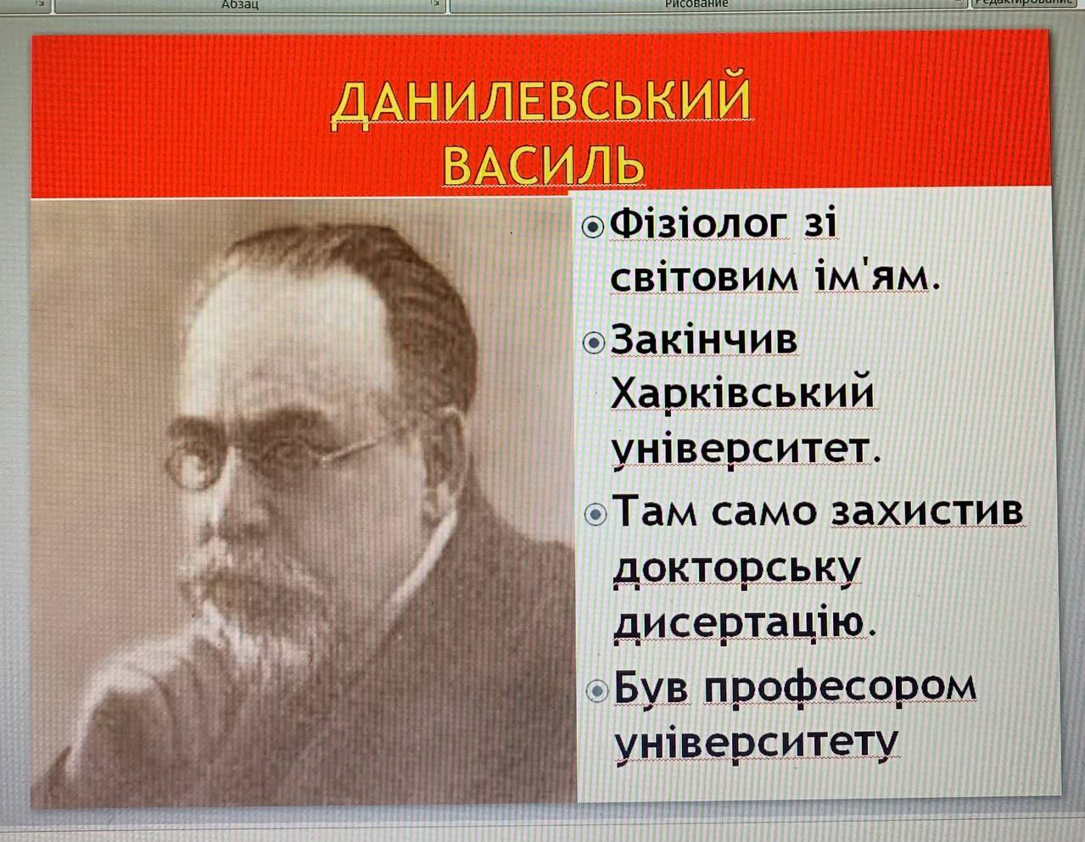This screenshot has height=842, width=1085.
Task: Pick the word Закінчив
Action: pos(703,339)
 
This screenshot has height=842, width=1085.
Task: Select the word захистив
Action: pos(927,512)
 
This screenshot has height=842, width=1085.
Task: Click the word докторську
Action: pos(736,570)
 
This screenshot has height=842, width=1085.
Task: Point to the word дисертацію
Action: pos(745,625)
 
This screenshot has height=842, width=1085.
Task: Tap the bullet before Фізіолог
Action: pos(593,228)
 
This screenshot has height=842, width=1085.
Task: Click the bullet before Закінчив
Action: pos(594,343)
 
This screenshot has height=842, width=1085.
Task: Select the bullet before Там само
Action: pos(596,514)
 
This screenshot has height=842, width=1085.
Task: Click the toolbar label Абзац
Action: pos(239,4)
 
